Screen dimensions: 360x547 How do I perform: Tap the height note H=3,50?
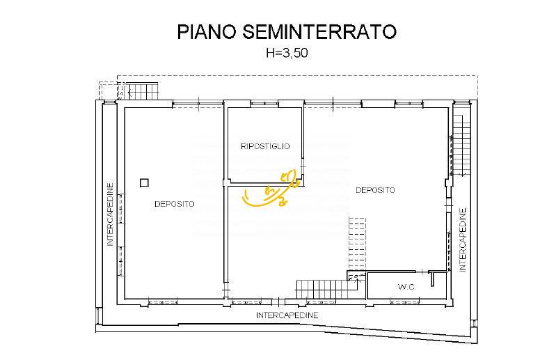coord(285,53)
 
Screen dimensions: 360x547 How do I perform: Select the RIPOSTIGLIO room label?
coord(264,146)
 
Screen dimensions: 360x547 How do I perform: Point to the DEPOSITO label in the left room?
coord(174,204)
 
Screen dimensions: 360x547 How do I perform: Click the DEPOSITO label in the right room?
coord(375,189)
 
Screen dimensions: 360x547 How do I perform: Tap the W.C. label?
coord(407,287)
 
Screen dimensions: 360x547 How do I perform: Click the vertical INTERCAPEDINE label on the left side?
coord(110,214)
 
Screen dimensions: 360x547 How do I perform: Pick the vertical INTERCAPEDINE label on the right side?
coord(462,242)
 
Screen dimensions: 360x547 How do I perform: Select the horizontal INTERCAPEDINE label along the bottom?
coord(287,315)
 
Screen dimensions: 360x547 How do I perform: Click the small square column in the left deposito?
coord(144,182)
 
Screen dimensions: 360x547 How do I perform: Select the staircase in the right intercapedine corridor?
coord(459,147)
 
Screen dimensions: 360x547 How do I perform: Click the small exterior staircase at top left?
coord(145,91)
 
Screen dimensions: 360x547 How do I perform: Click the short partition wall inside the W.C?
coord(432,279)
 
